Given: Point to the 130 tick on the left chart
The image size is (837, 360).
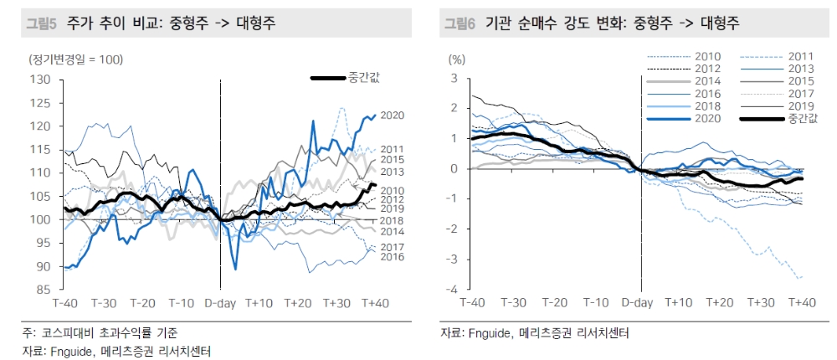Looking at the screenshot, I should (41, 80).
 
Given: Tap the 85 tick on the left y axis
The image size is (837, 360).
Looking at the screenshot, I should (44, 290).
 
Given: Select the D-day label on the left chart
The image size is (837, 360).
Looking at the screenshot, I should (221, 302).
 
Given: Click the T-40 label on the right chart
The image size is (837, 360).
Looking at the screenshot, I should (472, 302).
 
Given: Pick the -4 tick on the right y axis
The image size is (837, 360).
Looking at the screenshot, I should (455, 290).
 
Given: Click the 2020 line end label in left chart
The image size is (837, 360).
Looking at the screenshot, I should (393, 116).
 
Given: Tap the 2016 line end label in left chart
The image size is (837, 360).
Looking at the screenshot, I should (393, 256).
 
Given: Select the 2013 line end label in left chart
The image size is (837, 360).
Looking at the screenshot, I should (393, 172).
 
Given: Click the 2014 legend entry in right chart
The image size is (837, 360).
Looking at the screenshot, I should (708, 80).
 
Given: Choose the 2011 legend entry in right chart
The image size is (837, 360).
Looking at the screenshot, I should (802, 56).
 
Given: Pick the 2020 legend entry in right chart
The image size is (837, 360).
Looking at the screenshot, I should (708, 119).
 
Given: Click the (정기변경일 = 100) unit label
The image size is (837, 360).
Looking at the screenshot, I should (75, 59).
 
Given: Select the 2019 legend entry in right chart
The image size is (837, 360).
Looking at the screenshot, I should (802, 106).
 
